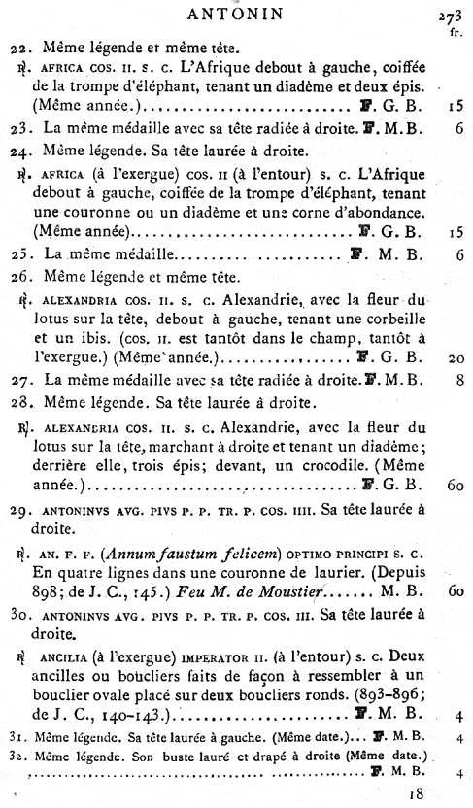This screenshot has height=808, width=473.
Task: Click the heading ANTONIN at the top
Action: (237, 14)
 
